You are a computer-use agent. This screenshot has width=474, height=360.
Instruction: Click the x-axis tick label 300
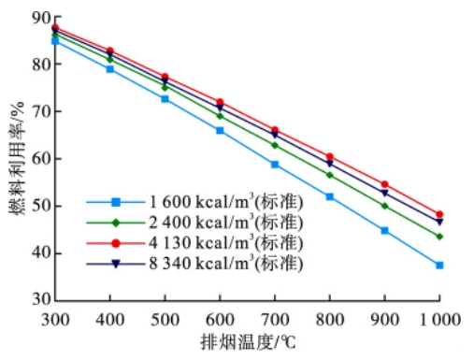coord(56,317)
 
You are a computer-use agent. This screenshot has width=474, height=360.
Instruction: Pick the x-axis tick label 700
coord(275,317)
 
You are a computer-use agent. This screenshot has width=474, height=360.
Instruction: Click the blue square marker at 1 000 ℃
coord(439,265)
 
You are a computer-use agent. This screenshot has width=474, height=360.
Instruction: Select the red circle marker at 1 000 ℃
coord(439,214)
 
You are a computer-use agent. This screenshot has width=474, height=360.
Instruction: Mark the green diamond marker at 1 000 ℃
coord(439,236)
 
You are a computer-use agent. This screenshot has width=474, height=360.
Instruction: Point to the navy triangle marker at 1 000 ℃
coord(439,222)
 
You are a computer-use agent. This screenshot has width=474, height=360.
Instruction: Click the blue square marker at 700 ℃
coord(275,164)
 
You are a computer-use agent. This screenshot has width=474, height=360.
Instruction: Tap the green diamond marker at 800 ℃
coord(330,175)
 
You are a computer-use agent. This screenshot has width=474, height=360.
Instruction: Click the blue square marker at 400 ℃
coord(110,68)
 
